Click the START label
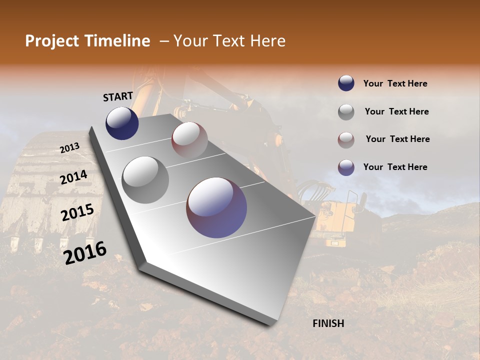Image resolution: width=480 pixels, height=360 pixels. (x=118, y=96)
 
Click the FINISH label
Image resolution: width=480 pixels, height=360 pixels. (x=328, y=323)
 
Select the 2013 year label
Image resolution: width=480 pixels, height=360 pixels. (x=69, y=148)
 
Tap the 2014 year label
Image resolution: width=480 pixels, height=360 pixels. (x=74, y=177)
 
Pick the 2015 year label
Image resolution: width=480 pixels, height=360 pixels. (x=77, y=212)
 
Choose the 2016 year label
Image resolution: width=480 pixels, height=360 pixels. (x=85, y=252)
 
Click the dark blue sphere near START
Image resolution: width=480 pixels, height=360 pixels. (x=122, y=123)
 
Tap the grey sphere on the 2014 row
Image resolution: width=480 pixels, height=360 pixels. (x=145, y=179)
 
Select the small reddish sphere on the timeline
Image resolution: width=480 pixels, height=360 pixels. (x=189, y=139)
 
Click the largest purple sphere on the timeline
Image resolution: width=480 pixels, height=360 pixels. (x=216, y=207)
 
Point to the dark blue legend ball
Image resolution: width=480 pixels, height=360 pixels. (x=346, y=83)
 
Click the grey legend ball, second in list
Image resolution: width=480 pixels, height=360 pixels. (x=346, y=111)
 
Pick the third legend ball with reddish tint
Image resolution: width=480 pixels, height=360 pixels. (x=346, y=139)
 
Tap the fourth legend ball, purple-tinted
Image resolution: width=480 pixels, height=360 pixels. (x=346, y=167)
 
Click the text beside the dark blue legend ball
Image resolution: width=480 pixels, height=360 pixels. (x=395, y=84)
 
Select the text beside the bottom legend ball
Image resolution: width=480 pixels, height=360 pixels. (x=395, y=167)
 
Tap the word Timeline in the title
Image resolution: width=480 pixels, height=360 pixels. (x=120, y=41)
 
